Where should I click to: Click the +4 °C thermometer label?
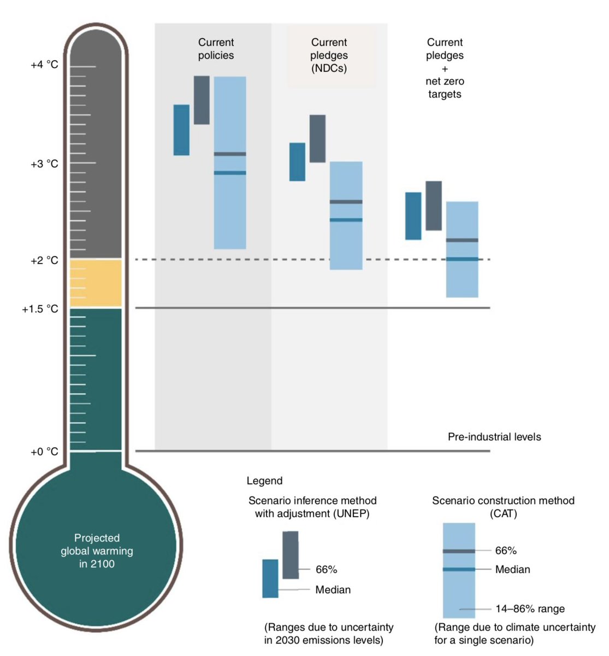44,65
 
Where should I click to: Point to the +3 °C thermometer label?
44,163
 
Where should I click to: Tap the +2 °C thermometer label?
44,260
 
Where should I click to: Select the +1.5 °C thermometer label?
40,309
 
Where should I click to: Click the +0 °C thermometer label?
44,452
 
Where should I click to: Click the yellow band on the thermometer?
96,283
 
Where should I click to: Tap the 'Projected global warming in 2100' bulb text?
97,550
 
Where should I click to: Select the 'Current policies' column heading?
216,49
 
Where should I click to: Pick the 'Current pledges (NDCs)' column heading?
329,55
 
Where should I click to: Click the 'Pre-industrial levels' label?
494,437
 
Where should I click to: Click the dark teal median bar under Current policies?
181,130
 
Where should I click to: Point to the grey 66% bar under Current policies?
202,100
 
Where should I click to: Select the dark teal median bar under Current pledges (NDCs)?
297,161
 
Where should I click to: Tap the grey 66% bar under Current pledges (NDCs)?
317,138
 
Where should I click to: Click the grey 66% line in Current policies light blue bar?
230,154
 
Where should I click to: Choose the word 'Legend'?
264,481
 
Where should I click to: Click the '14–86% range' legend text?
530,609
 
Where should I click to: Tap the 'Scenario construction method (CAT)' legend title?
503,507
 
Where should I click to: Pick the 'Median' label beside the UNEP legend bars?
333,590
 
